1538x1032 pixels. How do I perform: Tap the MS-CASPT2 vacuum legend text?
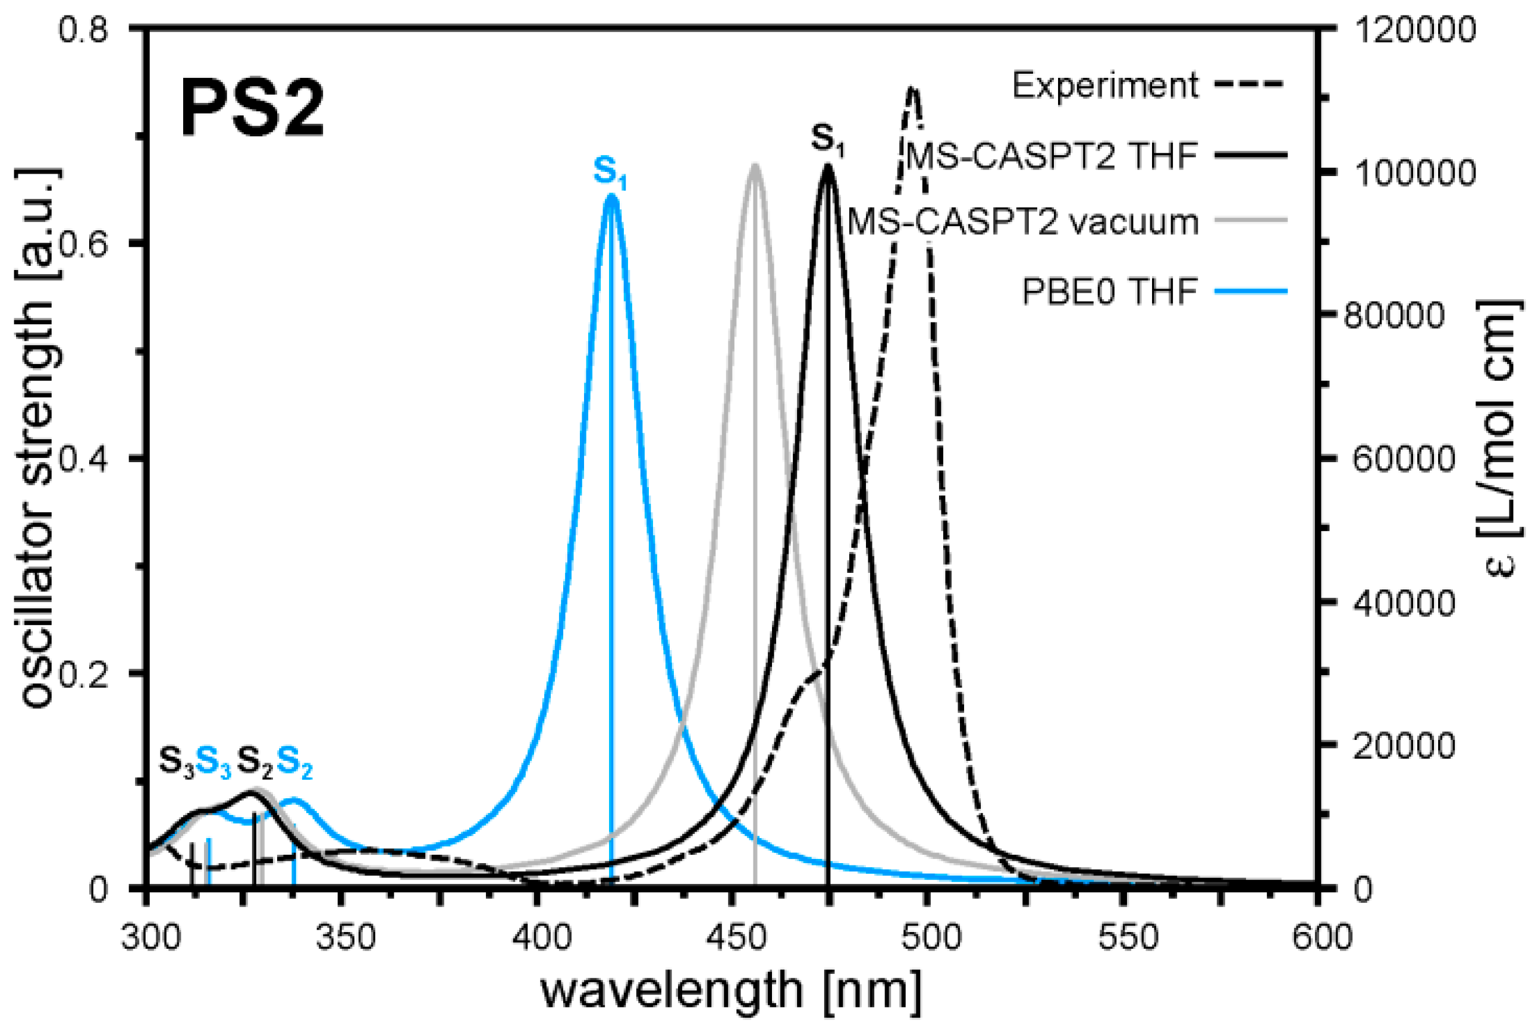point(1024,222)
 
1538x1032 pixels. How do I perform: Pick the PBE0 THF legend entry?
point(1110,291)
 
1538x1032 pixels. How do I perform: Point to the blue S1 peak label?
point(610,172)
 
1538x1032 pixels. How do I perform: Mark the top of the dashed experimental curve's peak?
point(912,89)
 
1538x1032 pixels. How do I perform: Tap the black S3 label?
point(177,762)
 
